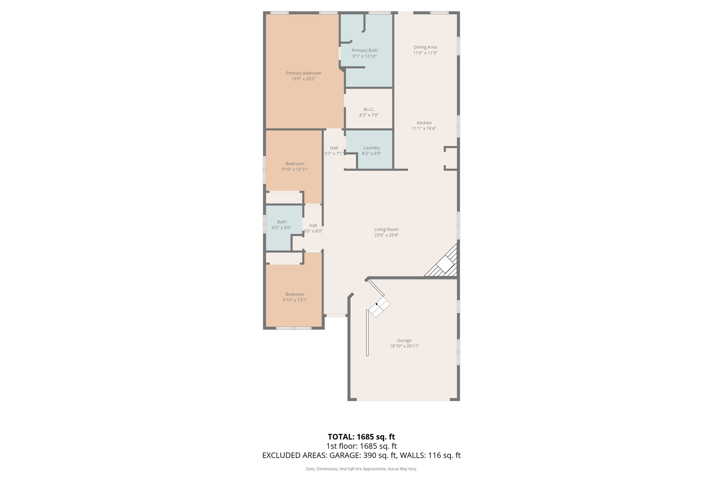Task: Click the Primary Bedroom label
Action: coord(303,73)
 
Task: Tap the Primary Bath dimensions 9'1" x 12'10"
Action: coord(365,56)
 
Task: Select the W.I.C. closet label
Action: coord(369,109)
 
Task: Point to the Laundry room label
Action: coord(371,148)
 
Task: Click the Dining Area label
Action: coord(425,47)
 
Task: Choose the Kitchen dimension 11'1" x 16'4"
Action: coord(424,129)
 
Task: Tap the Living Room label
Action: coord(386,230)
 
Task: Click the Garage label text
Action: coord(404,341)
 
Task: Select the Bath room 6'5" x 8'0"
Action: coord(281,225)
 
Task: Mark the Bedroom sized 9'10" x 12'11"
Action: coord(295,166)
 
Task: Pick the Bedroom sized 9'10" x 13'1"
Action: coord(295,297)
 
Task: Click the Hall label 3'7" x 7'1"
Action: coord(334,151)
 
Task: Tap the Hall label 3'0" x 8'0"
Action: coord(313,228)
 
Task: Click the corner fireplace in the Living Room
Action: coord(446,263)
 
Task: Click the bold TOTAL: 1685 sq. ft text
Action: coord(361,437)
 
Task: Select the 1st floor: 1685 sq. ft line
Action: coord(361,446)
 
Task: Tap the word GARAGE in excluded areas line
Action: coord(345,456)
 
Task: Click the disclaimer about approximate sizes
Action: coord(361,469)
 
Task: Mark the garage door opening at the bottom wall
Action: coord(403,400)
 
